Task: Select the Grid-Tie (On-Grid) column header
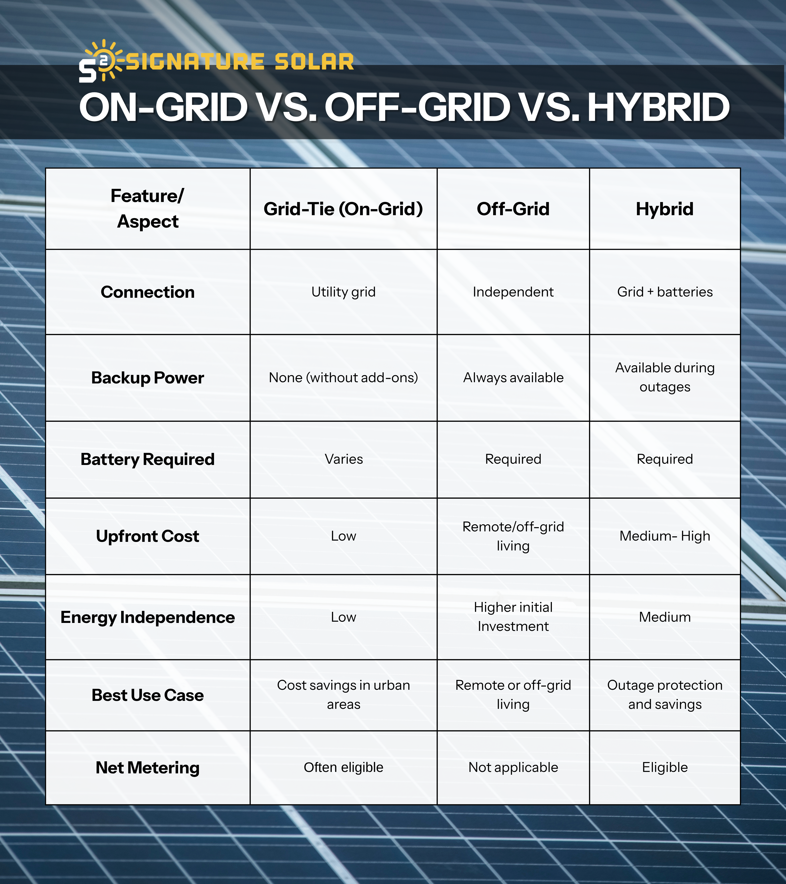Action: (344, 209)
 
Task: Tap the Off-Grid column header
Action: (513, 209)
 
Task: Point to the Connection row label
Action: (148, 292)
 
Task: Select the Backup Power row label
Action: (148, 378)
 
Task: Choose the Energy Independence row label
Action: (148, 617)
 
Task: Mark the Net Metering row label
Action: (148, 768)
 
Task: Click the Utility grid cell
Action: (344, 292)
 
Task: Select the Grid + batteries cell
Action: (665, 292)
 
